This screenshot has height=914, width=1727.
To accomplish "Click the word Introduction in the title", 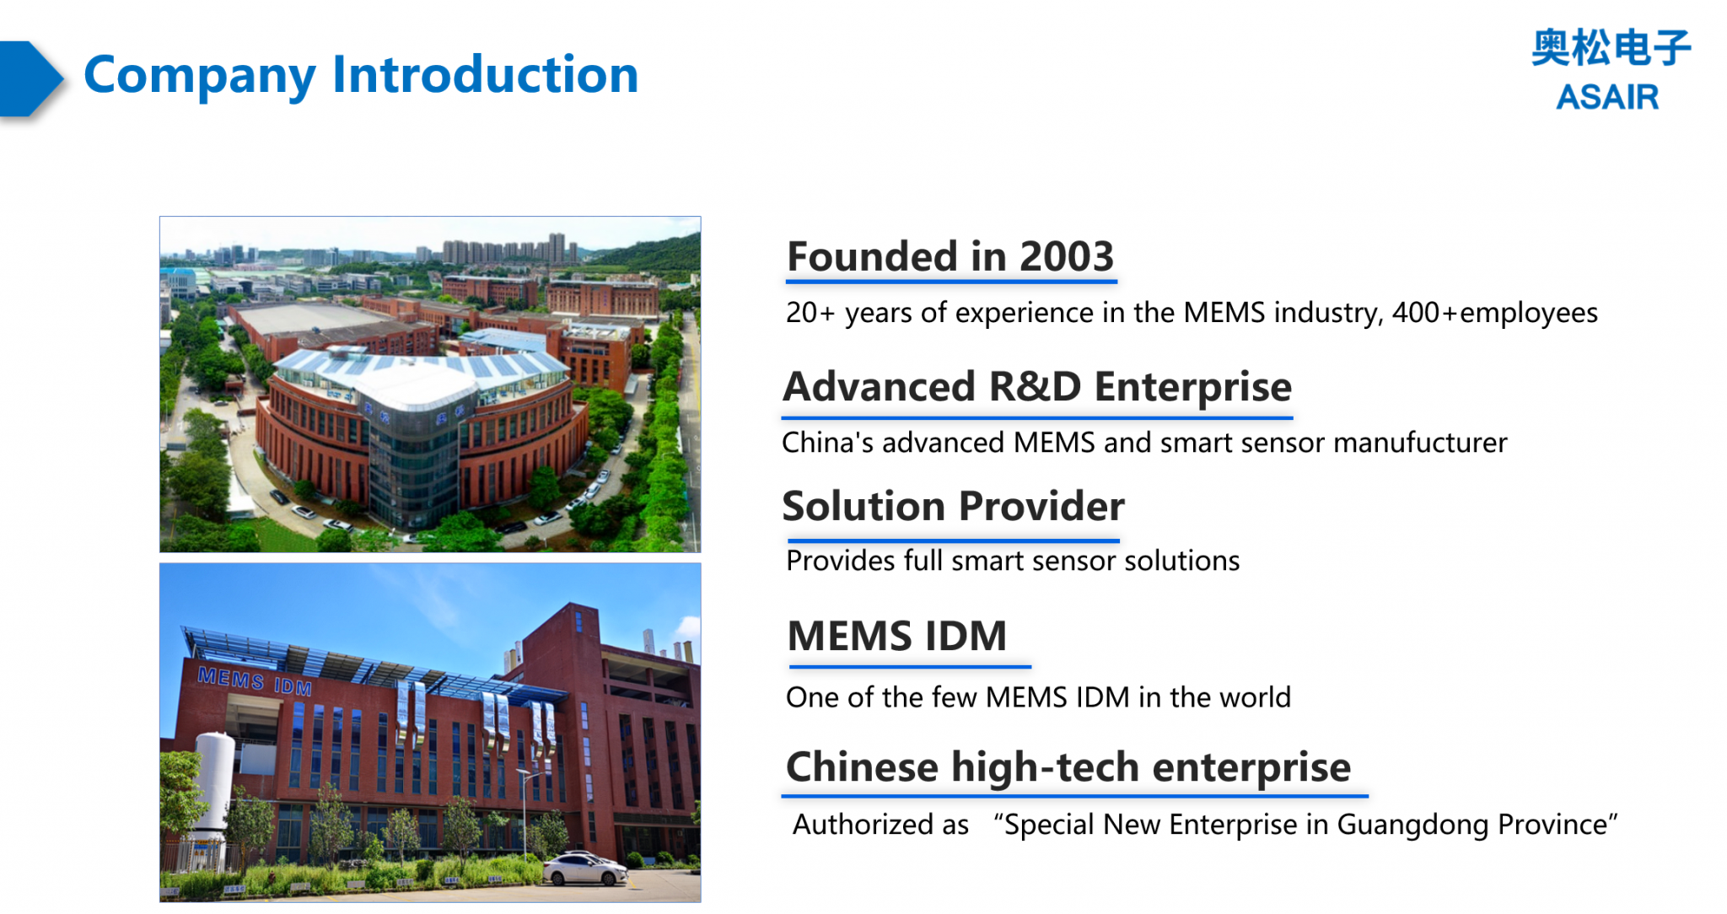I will click(x=485, y=75).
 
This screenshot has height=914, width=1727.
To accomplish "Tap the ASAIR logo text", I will click(x=1606, y=97).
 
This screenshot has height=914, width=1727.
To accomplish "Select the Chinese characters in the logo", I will click(x=1610, y=48).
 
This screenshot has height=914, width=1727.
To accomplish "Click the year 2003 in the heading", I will click(x=1066, y=256).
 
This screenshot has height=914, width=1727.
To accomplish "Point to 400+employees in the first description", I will click(x=1494, y=313).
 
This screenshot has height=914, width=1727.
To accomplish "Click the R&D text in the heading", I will click(x=1034, y=387).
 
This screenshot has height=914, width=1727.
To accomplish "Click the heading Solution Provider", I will click(x=953, y=507).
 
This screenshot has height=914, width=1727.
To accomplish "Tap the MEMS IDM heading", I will click(x=896, y=636).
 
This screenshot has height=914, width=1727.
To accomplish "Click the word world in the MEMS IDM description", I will click(x=1256, y=697).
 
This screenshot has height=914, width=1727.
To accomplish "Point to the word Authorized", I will click(x=880, y=825).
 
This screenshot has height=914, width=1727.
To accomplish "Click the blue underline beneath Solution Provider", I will click(x=953, y=540).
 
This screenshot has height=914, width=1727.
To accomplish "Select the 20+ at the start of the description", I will click(x=810, y=313).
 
